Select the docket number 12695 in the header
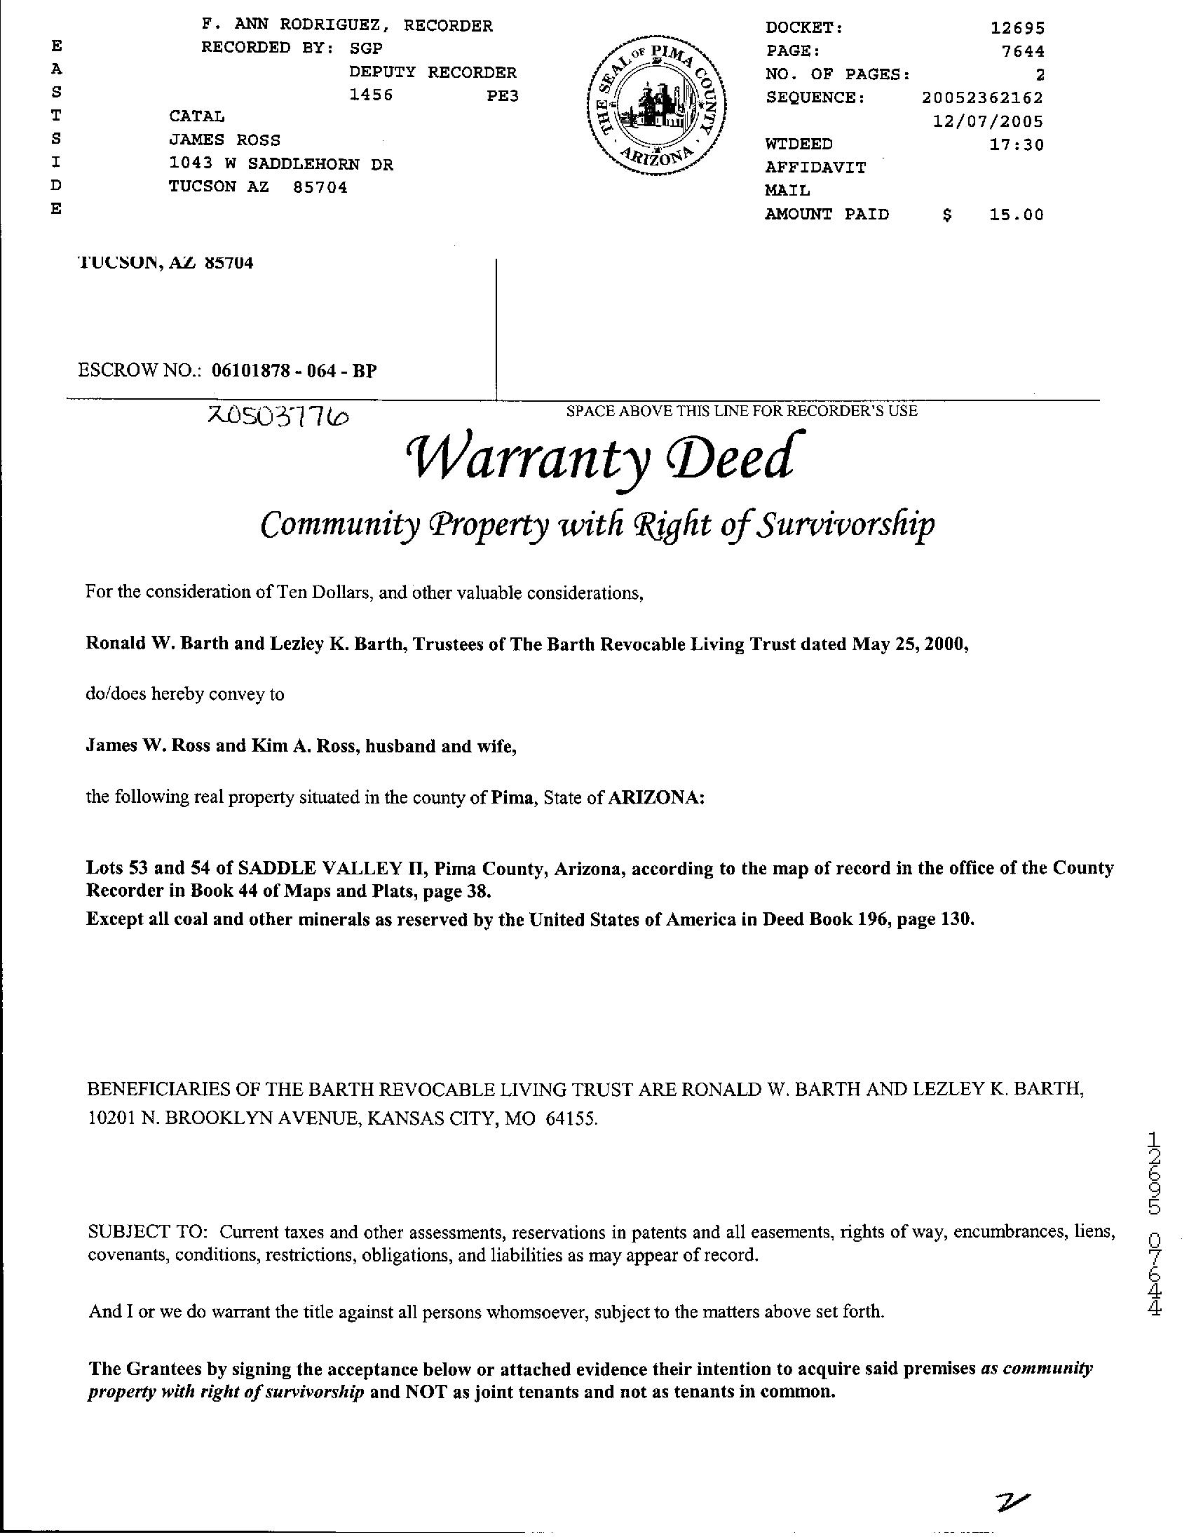(1017, 28)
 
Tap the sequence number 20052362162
(982, 97)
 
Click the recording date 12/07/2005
(988, 121)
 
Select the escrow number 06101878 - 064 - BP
(294, 371)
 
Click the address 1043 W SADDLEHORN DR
(281, 165)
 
